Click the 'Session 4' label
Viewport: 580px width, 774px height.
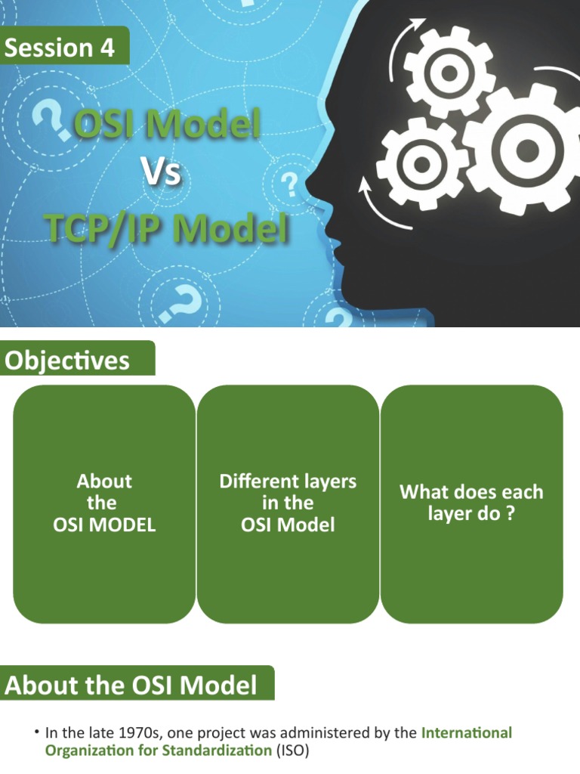[60, 48]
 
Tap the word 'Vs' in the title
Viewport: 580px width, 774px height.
[162, 173]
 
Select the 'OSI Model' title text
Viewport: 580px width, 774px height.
[166, 123]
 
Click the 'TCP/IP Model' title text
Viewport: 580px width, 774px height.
[166, 228]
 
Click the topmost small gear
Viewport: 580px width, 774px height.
[449, 73]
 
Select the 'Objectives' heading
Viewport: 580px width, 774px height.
[67, 361]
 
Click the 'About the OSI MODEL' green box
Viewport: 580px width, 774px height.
[104, 503]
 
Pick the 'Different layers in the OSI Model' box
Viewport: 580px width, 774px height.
[288, 503]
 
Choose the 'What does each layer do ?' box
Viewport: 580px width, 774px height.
[471, 503]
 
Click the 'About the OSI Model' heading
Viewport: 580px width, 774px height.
[131, 686]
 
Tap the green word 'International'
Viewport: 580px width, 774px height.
[466, 732]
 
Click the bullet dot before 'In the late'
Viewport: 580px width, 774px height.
[36, 733]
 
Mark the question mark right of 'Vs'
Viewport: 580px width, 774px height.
[288, 183]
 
